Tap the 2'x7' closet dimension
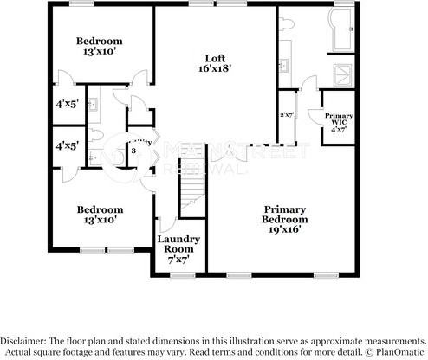(286, 114)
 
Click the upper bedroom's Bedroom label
(99, 41)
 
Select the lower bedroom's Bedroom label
(99, 209)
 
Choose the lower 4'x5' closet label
(68, 146)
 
